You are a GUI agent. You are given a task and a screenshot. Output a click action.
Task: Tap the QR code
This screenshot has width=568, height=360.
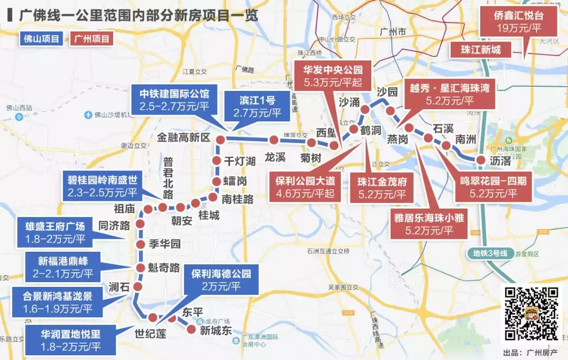click(x=531, y=314)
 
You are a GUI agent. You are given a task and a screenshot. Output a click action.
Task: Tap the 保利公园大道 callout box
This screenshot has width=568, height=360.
click(x=305, y=188)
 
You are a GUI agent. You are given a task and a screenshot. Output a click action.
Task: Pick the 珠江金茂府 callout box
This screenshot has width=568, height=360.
click(x=382, y=188)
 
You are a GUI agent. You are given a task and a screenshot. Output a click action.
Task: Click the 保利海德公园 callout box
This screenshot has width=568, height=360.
click(x=220, y=280)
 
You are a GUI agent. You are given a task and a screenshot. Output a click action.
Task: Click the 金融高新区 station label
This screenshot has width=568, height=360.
click(x=184, y=138)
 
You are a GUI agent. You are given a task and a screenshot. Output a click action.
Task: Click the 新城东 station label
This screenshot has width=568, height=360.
click(x=216, y=331)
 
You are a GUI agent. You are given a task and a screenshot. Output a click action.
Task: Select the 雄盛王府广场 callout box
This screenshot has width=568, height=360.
click(x=55, y=233)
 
